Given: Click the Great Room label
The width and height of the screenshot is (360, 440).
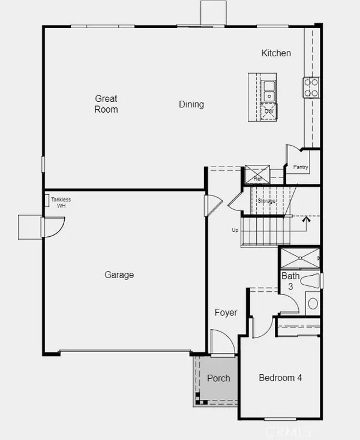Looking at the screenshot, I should pyautogui.click(x=106, y=104).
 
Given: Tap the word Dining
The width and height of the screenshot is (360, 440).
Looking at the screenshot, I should pyautogui.click(x=191, y=104).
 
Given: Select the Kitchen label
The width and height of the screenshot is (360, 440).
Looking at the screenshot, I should pyautogui.click(x=276, y=53).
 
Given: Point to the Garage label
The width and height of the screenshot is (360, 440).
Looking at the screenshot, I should pyautogui.click(x=119, y=275).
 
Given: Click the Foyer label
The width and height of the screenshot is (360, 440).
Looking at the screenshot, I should pyautogui.click(x=226, y=312).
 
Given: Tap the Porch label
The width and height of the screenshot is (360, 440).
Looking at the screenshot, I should pyautogui.click(x=218, y=378).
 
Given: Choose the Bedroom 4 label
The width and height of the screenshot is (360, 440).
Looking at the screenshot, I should pyautogui.click(x=280, y=378).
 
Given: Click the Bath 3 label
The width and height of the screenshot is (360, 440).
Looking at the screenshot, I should pyautogui.click(x=290, y=281).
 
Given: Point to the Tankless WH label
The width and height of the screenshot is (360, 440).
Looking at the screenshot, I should pyautogui.click(x=61, y=203).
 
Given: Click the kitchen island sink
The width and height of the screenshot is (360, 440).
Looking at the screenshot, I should pyautogui.click(x=269, y=91).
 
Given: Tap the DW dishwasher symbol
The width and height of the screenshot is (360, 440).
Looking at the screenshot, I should pyautogui.click(x=269, y=111).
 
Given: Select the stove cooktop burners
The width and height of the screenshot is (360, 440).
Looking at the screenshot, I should pyautogui.click(x=311, y=88).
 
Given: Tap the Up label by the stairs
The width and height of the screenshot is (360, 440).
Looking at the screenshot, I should pyautogui.click(x=236, y=230).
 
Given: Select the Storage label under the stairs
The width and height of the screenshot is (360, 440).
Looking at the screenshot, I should pyautogui.click(x=267, y=201).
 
